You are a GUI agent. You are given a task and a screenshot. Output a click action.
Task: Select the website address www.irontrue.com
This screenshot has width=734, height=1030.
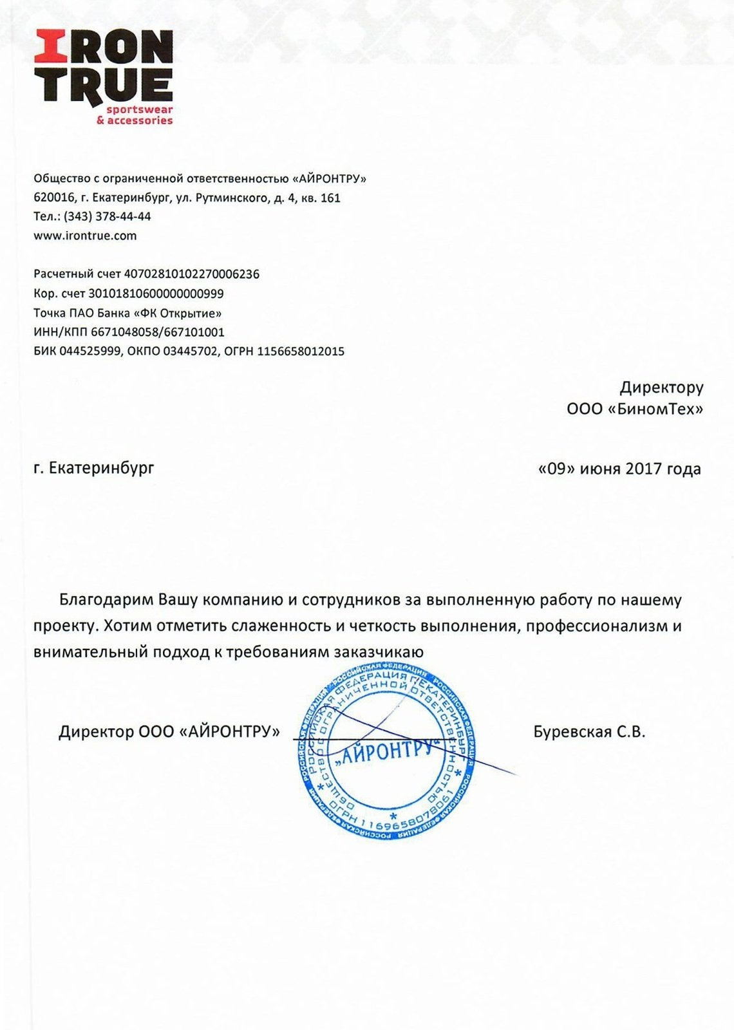pyautogui.click(x=85, y=236)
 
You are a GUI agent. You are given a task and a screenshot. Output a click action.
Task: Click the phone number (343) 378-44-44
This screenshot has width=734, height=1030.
pyautogui.click(x=108, y=216)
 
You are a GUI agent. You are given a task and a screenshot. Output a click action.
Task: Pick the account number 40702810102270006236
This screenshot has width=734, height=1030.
pyautogui.click(x=191, y=274)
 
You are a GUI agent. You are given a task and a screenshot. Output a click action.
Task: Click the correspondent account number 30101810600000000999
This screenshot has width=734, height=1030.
pyautogui.click(x=156, y=294)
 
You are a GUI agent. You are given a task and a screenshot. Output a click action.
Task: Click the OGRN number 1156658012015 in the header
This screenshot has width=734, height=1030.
pyautogui.click(x=301, y=351)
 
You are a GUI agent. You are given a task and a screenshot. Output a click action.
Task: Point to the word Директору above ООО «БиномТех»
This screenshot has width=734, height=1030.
pyautogui.click(x=661, y=388)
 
